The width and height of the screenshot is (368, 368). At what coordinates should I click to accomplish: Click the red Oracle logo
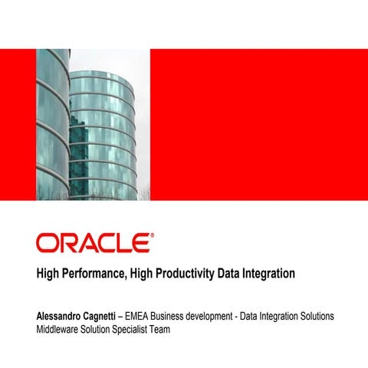pyautogui.click(x=93, y=243)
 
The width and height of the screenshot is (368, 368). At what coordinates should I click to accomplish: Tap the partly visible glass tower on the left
pyautogui.click(x=52, y=123)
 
